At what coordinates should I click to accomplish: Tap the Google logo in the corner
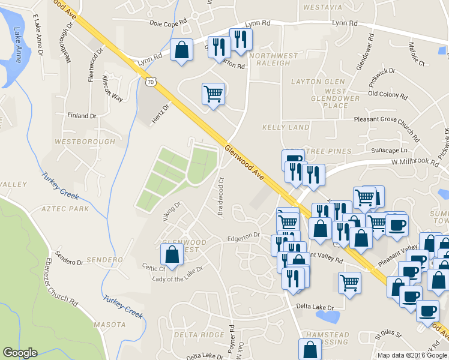coord(20,353)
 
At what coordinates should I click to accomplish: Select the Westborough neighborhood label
coord(84,142)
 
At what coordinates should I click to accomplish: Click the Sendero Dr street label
coord(68,262)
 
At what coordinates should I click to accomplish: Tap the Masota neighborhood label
coord(110,325)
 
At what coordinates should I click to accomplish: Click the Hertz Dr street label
coord(161,112)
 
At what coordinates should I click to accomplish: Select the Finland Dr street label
coord(82,116)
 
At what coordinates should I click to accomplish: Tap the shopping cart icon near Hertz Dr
coord(213,94)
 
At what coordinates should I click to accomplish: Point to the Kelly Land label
coord(286,127)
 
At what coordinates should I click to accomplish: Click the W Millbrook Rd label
coord(415,162)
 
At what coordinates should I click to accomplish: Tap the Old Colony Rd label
coord(388,95)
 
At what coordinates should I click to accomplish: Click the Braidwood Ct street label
coord(221,196)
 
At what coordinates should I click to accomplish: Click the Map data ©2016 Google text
coord(411,355)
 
